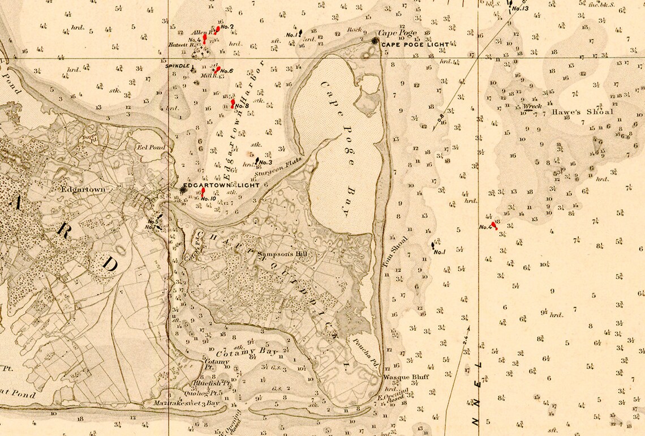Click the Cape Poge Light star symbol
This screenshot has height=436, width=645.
[375, 41]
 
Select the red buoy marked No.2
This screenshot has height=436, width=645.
[217, 29]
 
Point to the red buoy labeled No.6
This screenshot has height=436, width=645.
[217, 69]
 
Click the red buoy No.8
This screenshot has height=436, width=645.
[233, 104]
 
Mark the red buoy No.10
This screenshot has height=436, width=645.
[203, 192]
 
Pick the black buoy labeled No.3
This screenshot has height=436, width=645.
[257, 161]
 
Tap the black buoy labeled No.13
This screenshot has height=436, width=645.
[510, 3]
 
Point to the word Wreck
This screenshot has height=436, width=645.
[532, 106]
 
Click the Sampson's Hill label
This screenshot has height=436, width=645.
[282, 254]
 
